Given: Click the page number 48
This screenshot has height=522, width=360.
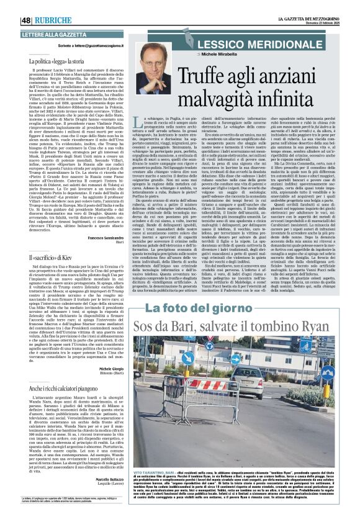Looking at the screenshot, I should pos(27,20).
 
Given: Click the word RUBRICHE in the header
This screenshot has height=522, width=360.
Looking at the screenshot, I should pos(53,20).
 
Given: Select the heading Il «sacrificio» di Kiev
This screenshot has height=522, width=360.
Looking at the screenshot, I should pos(55,256).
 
